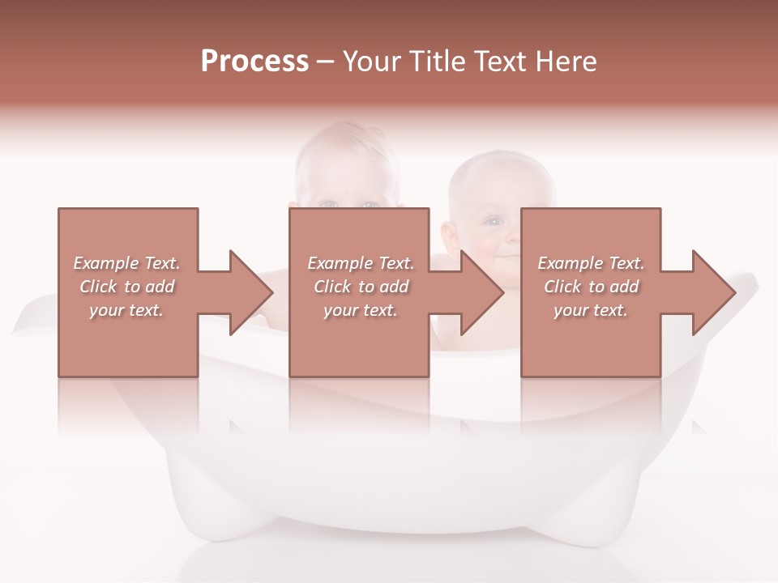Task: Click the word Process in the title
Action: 254,62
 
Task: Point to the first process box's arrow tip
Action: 271,292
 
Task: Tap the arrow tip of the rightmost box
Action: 734,292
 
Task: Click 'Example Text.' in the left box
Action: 126,263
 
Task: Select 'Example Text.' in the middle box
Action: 361,263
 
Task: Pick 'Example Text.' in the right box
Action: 591,263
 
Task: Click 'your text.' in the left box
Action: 126,310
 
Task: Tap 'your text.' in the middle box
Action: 361,310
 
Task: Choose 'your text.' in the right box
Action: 591,310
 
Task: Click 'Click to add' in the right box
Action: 591,287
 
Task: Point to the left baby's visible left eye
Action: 328,204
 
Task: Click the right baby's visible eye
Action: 493,219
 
